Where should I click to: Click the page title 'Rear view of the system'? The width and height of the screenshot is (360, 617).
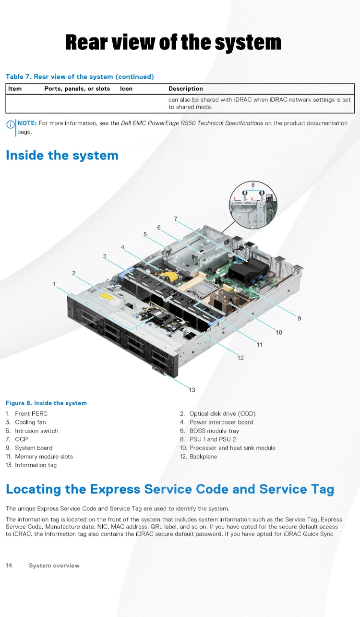click(173, 42)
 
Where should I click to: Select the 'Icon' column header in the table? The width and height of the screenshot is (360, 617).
click(126, 89)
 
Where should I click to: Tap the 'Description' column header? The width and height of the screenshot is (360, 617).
click(186, 89)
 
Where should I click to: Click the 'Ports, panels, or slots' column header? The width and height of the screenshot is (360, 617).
click(77, 89)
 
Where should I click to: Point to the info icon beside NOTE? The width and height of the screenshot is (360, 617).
click(10, 124)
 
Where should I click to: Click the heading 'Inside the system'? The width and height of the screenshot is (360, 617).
click(62, 156)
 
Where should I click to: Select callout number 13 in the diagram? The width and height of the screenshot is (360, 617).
click(192, 390)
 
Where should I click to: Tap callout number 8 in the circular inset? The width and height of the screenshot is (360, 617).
click(253, 185)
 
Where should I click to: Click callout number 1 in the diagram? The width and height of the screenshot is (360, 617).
click(54, 284)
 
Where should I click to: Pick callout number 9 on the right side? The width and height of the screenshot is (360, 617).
click(299, 318)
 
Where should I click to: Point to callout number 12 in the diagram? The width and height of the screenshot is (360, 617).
click(240, 358)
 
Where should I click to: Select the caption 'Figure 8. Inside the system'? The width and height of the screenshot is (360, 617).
click(46, 403)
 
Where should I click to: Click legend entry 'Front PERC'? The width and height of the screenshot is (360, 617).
click(31, 414)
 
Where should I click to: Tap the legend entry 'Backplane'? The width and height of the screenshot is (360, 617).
click(203, 457)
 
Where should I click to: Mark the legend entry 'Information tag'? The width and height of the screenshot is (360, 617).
click(36, 465)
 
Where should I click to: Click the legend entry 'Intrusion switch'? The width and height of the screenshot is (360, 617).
click(36, 431)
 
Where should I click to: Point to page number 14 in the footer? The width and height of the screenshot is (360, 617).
click(9, 566)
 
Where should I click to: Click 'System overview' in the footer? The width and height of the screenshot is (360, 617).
click(54, 566)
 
